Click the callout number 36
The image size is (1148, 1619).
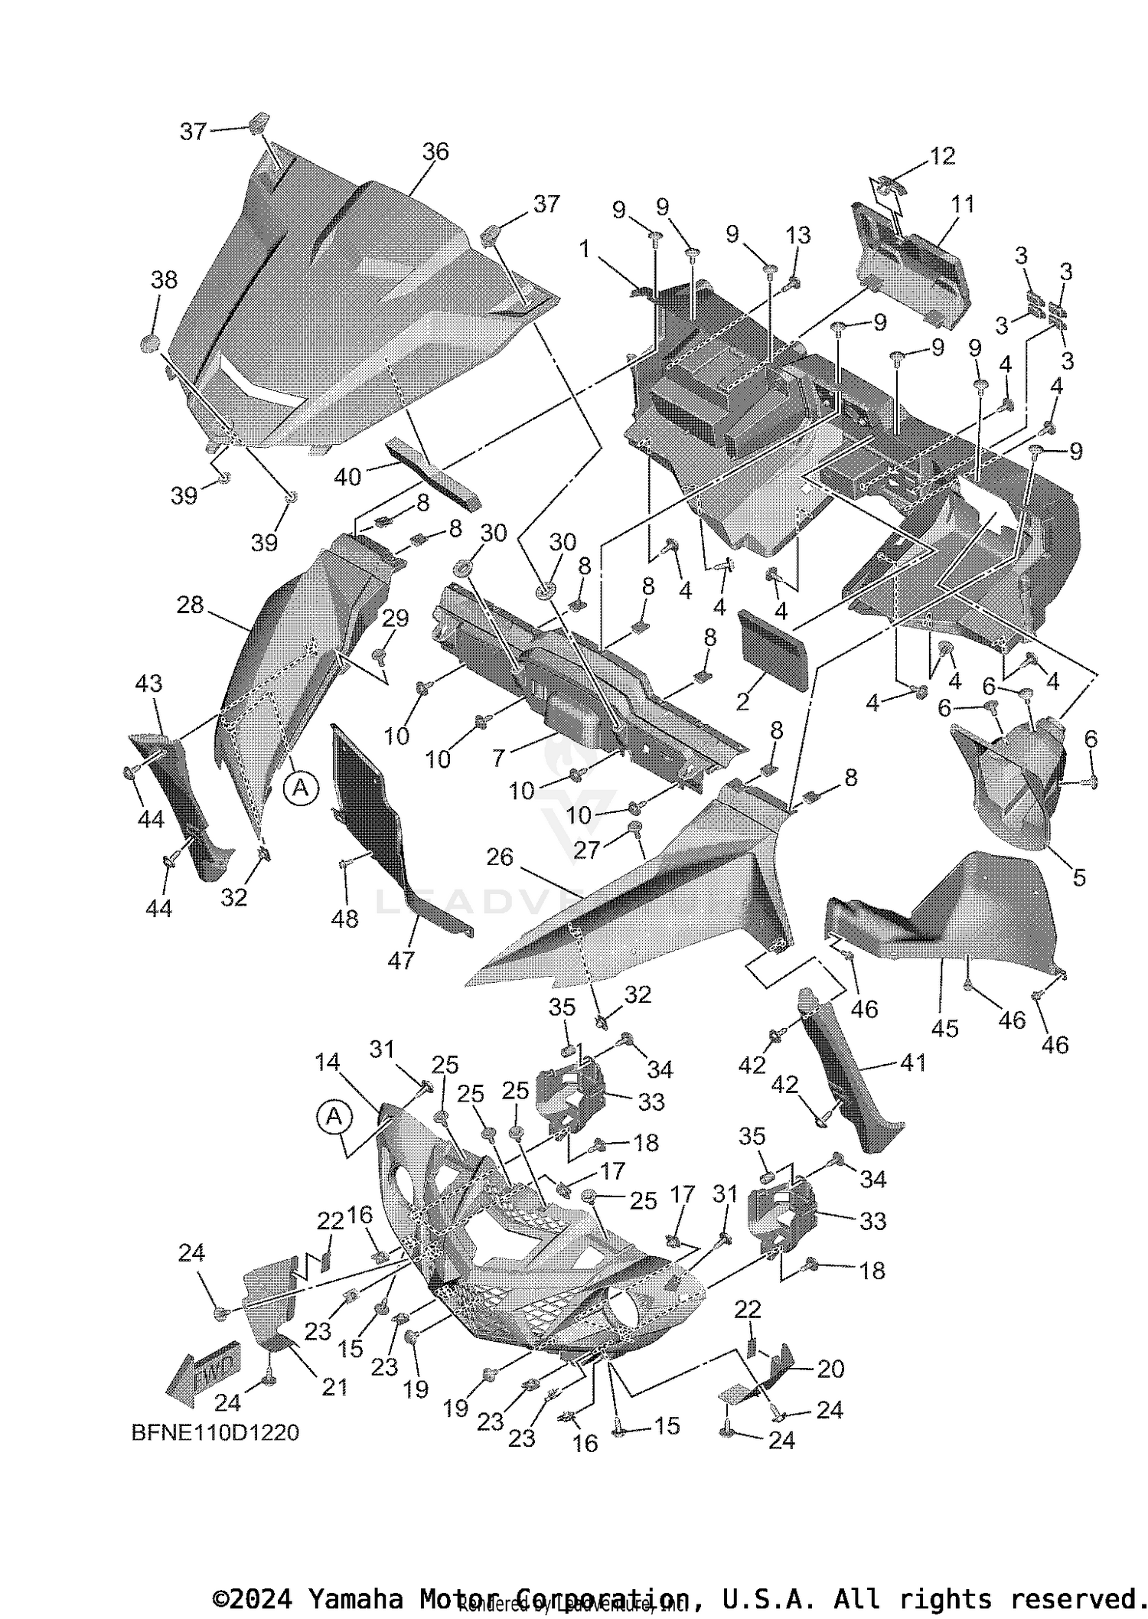[435, 152]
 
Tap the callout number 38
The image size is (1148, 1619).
[164, 280]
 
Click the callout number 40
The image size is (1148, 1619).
[347, 477]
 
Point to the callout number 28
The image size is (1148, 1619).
[190, 605]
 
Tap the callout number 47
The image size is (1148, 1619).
[401, 960]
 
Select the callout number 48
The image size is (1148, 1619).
[344, 919]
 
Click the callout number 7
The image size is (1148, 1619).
[498, 758]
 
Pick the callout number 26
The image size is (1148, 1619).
[500, 857]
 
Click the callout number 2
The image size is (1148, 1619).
[742, 701]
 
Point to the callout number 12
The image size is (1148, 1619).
[942, 155]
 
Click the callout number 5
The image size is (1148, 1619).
[1078, 877]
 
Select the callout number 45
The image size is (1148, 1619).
[944, 1028]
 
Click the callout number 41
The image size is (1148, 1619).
[912, 1062]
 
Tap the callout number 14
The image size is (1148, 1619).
[327, 1062]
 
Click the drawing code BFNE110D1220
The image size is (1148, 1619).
[215, 1432]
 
